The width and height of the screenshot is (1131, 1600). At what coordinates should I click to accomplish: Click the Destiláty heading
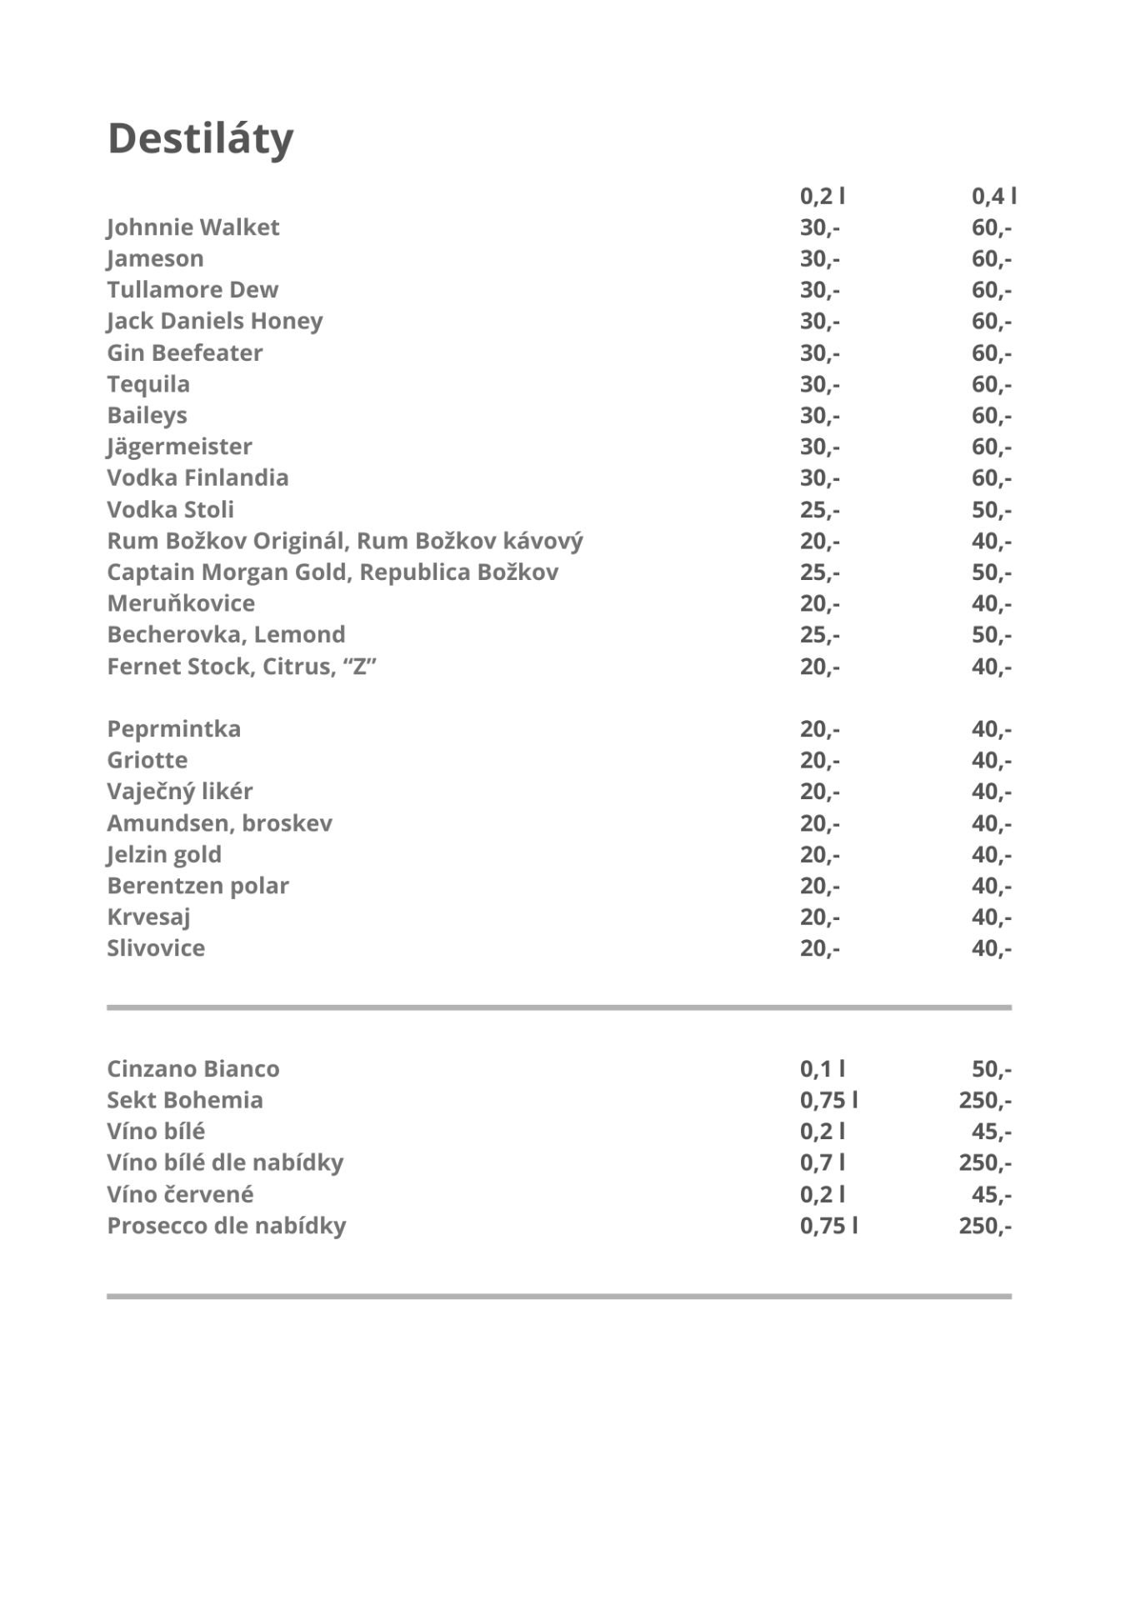click(200, 138)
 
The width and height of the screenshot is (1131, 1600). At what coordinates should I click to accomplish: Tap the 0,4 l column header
click(993, 197)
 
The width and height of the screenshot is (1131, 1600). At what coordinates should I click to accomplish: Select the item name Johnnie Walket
click(193, 227)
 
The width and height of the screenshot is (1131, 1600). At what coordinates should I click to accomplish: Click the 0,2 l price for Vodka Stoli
click(819, 510)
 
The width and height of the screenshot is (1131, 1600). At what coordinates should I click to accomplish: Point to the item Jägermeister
click(179, 447)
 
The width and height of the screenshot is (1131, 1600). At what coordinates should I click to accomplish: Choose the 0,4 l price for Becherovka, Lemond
click(991, 635)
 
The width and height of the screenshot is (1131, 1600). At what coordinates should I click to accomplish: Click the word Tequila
click(148, 384)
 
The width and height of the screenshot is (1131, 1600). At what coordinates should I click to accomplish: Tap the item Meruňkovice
click(181, 603)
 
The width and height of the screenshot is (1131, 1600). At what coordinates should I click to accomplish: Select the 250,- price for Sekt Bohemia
click(984, 1101)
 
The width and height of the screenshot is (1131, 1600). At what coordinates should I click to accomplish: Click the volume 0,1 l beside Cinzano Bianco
click(822, 1069)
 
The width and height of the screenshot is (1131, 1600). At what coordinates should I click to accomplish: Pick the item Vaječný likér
click(179, 792)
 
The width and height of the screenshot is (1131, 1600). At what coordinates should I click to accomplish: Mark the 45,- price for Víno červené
click(991, 1195)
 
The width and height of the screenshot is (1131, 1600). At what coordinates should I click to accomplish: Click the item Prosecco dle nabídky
click(226, 1226)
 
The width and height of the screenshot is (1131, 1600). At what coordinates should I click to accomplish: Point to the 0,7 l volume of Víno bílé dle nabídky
click(822, 1163)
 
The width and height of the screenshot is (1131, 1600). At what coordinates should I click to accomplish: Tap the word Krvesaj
click(148, 917)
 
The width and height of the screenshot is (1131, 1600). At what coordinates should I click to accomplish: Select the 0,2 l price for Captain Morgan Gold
click(819, 572)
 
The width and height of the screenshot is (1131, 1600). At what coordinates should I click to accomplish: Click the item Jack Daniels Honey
click(214, 322)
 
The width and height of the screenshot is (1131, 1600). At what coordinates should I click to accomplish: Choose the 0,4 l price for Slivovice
click(991, 948)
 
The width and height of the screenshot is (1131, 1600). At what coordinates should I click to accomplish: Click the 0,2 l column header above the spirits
click(822, 197)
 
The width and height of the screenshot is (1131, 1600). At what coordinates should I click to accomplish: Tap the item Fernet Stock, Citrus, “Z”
click(242, 667)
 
